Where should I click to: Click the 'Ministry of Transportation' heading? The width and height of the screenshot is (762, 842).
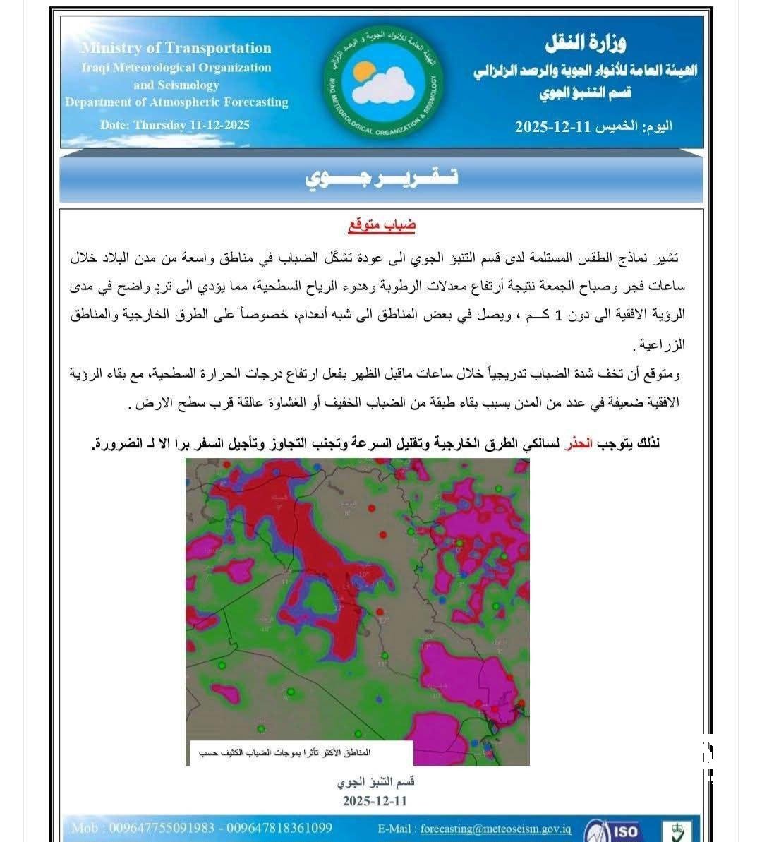click(176, 48)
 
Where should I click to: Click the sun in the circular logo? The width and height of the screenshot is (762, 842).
click(364, 71)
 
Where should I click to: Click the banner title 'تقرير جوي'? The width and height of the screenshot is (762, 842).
click(382, 177)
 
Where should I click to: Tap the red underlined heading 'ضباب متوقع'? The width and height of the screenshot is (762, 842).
click(382, 226)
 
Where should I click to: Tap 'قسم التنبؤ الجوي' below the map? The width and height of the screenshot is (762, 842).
click(375, 782)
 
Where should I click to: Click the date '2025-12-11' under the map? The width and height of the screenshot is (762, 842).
click(375, 801)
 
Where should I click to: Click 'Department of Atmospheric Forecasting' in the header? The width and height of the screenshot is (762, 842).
click(176, 102)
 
